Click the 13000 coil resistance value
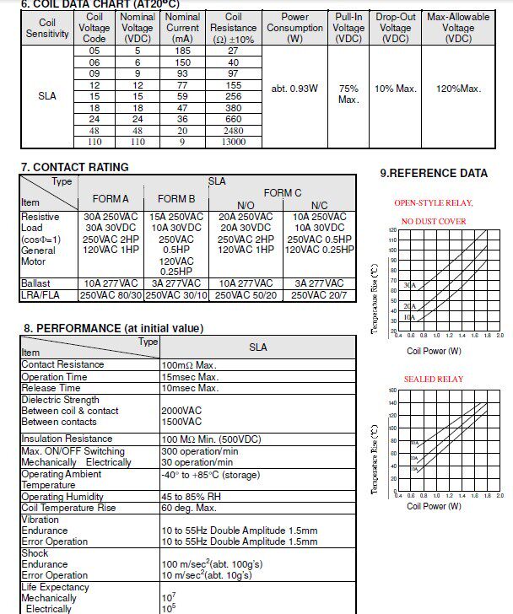pos(234,142)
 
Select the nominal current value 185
pos(182,51)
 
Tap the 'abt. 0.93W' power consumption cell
pos(294,89)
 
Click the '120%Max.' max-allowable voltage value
pos(458,89)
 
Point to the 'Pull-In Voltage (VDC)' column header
pos(348,28)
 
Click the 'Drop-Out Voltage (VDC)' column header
pos(395,28)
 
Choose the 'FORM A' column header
pos(110,199)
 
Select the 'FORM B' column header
pos(176,199)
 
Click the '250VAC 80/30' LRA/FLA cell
pos(111,295)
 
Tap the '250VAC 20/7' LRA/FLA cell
pos(320,295)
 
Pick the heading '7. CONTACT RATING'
pos(75,167)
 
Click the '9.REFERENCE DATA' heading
pos(434,174)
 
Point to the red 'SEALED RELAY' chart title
pos(433,380)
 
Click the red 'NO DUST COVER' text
pos(433,222)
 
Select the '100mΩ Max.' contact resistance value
pos(189,364)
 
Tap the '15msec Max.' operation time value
pos(190,377)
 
